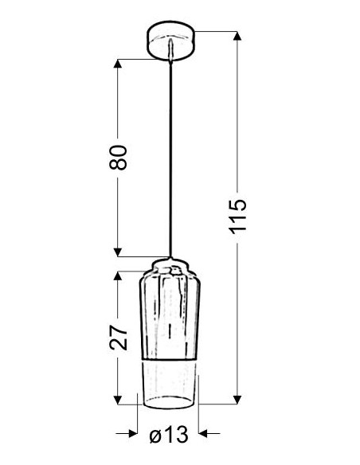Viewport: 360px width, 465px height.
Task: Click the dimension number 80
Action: click(x=118, y=158)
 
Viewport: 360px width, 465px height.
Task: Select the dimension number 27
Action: click(x=118, y=337)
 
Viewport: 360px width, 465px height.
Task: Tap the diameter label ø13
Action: click(x=169, y=435)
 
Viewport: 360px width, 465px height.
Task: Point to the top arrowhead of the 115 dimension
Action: click(x=237, y=36)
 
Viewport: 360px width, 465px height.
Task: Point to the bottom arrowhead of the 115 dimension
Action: click(x=237, y=400)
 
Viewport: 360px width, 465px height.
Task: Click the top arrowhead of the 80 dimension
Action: click(x=118, y=64)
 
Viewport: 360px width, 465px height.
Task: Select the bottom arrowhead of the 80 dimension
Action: click(x=118, y=252)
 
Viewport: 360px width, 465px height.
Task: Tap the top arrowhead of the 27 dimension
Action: click(x=118, y=276)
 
